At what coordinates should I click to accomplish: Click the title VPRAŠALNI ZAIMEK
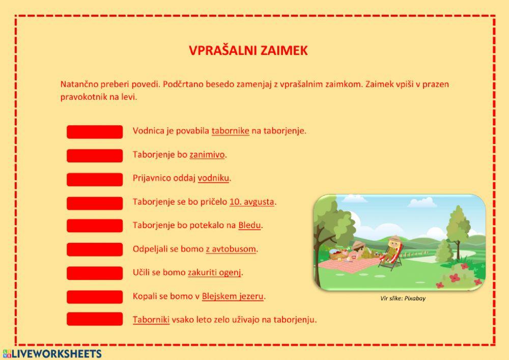(x=248, y=50)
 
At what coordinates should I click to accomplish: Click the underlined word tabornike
(x=230, y=131)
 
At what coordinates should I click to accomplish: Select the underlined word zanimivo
(x=207, y=155)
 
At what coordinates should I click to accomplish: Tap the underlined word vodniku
(x=214, y=178)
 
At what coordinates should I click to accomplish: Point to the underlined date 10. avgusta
(x=252, y=202)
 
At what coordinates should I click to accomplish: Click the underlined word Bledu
(x=249, y=225)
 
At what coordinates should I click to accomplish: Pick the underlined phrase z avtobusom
(x=231, y=249)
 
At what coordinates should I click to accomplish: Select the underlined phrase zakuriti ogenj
(x=214, y=272)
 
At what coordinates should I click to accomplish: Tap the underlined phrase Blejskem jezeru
(x=233, y=296)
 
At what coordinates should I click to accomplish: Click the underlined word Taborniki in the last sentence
(x=151, y=320)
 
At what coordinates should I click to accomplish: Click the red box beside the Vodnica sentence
(x=95, y=132)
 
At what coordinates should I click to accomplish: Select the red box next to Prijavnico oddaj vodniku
(x=95, y=179)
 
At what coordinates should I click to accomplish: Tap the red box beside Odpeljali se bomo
(x=95, y=250)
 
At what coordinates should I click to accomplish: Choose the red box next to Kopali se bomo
(x=95, y=297)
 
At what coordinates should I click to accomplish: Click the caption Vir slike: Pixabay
(x=403, y=298)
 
